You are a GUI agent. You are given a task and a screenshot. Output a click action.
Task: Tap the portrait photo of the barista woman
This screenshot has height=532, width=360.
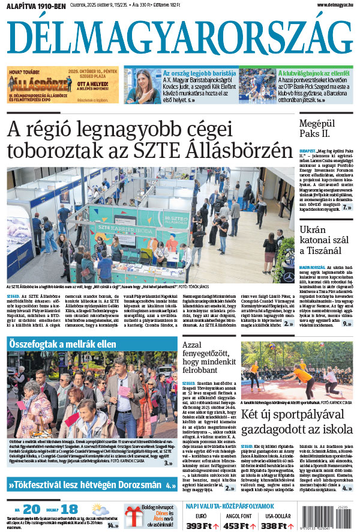pos(142,86)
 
